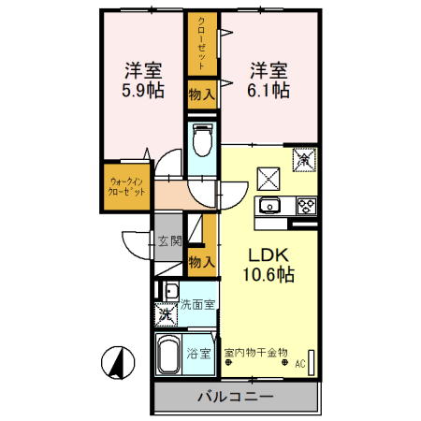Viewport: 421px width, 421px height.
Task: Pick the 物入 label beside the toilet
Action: click(201, 93)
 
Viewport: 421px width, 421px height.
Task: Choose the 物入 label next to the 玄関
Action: click(201, 262)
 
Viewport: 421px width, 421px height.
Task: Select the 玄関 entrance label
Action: click(169, 241)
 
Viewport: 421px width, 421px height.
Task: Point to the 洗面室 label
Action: click(198, 304)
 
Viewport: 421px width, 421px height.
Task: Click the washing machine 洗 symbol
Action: click(167, 313)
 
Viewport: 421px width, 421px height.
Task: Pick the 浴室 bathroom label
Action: click(198, 354)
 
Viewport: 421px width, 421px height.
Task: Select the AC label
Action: click(301, 365)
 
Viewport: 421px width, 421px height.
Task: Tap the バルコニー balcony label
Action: click(235, 397)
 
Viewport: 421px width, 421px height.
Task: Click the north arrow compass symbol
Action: click(117, 362)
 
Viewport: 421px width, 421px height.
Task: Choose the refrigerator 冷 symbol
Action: click(305, 160)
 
